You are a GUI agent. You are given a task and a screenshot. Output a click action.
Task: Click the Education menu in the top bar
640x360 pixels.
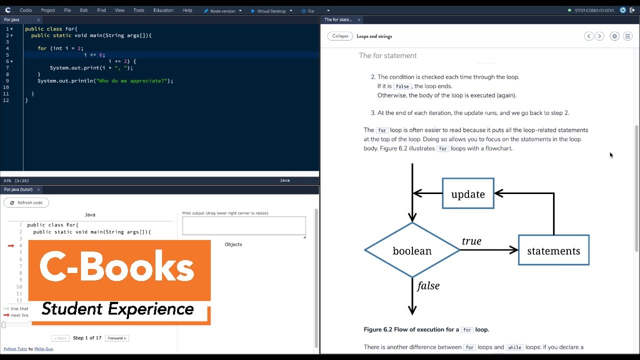tap(163, 10)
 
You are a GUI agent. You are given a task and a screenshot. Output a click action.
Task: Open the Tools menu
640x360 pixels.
tap(139, 10)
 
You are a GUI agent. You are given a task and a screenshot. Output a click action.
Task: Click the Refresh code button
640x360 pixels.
tap(26, 202)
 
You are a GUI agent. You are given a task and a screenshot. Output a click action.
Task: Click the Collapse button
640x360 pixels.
tap(340, 36)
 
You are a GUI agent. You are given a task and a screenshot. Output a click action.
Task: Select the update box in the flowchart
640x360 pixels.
tap(468, 194)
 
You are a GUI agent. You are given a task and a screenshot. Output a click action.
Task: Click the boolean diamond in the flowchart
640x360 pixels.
tap(412, 250)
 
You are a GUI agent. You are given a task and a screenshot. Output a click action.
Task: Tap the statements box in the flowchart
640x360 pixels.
tap(553, 250)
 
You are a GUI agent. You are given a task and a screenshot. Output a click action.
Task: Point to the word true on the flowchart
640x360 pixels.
tap(471, 241)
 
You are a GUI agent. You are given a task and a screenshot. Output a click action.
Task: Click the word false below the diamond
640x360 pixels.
tap(428, 285)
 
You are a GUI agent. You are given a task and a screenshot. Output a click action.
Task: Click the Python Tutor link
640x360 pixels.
tap(15, 349)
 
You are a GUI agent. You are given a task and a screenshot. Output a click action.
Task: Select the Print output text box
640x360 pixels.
tap(244, 225)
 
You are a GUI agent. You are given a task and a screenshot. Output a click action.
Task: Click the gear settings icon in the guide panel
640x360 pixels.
tap(614, 36)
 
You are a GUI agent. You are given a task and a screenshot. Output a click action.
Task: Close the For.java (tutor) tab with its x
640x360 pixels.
tap(38, 189)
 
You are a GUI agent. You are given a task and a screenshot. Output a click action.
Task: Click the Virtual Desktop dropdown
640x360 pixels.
tap(271, 10)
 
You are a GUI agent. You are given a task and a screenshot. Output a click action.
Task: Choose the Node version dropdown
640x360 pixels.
tap(222, 10)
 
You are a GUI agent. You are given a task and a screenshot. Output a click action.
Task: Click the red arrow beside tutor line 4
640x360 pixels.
tap(11, 245)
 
